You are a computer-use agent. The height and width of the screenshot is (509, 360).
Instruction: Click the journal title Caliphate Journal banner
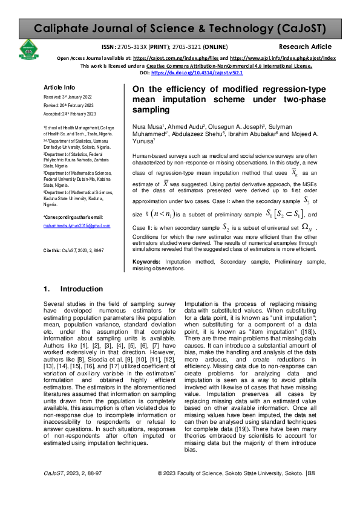pos(180,28)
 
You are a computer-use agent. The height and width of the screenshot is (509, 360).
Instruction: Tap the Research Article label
pos(305,47)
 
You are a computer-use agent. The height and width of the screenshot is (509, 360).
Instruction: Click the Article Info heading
pos(59,88)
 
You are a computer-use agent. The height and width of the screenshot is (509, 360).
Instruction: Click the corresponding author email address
pos(76,225)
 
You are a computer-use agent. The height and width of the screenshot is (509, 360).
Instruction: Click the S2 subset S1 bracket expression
pos(286,214)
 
